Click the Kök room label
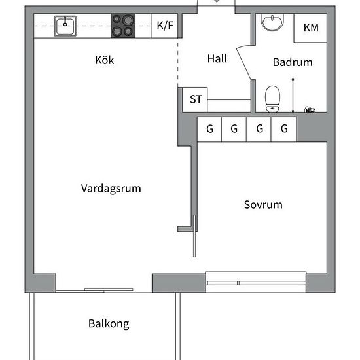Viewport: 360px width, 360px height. pos(105,60)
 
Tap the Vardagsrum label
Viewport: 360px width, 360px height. pos(111,189)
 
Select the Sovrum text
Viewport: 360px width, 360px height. pos(263,205)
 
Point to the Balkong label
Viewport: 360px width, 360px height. pos(109,324)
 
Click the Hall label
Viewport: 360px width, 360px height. pos(217,58)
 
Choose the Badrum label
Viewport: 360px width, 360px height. pos(293,62)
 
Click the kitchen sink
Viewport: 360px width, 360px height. pos(65,26)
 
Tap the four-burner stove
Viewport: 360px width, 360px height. pos(123,26)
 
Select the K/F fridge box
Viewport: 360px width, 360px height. pos(164,26)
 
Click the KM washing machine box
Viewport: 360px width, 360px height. pos(310,28)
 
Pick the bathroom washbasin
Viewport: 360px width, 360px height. pos(272,22)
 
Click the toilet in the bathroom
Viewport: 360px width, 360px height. pos(272,99)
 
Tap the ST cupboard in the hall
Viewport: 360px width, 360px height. pos(195,99)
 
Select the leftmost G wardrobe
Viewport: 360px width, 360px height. pos(209,129)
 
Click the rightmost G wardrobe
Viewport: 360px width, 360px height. pos(284,129)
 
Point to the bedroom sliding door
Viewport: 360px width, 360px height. pos(194,236)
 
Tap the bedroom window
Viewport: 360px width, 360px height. pos(256,282)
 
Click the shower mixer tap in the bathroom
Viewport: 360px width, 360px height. pos(310,110)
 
